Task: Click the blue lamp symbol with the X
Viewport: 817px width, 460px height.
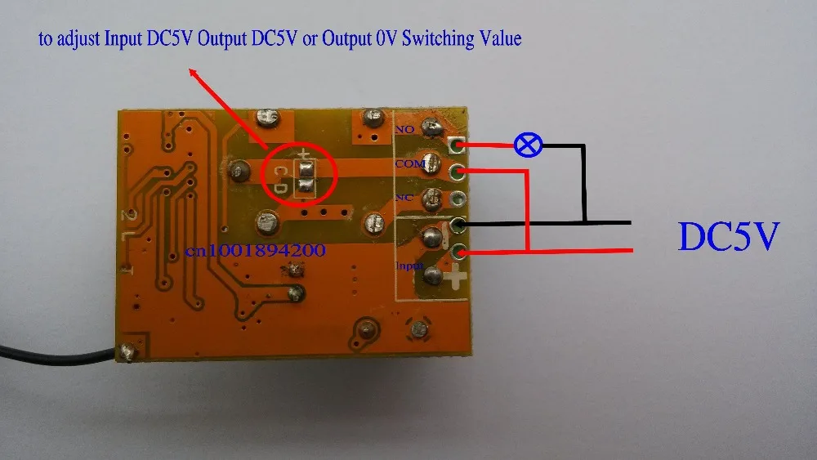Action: pos(528,145)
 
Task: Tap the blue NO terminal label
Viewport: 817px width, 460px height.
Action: pos(404,129)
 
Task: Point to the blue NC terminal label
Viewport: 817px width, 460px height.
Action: pos(403,198)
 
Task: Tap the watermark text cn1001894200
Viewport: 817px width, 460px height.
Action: pos(256,252)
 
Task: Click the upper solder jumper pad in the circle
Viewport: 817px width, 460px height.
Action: pos(306,170)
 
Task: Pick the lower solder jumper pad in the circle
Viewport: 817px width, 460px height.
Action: pos(306,186)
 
